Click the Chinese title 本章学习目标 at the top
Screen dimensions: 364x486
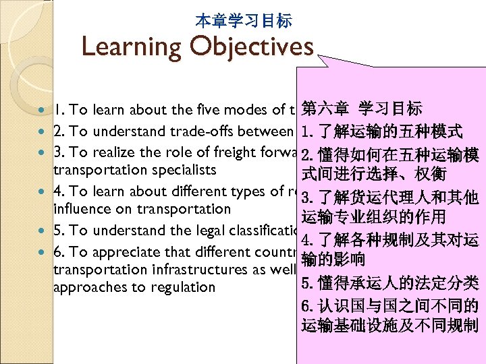[243, 21]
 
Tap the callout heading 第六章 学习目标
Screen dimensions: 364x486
[362, 109]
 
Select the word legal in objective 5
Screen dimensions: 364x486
[204, 230]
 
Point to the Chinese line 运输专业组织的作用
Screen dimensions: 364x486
[373, 217]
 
